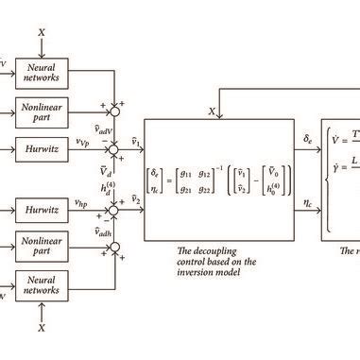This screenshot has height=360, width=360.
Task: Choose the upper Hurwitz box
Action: tap(41, 148)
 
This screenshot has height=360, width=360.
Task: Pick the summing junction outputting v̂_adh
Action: tap(113, 248)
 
